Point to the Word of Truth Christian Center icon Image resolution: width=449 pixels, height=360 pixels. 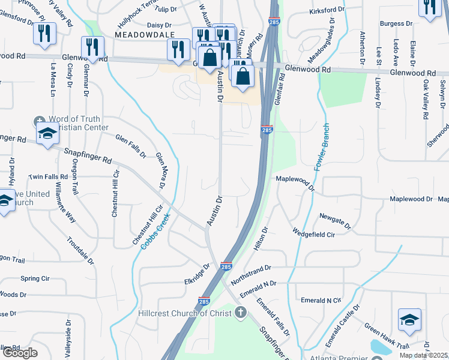pyautogui.click(x=40, y=121)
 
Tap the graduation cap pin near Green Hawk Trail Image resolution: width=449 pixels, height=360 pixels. pyautogui.click(x=409, y=320)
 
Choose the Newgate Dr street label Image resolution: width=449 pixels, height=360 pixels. pyautogui.click(x=335, y=220)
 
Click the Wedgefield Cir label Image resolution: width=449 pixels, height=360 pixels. pyautogui.click(x=313, y=232)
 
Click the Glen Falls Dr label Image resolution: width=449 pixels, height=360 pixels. pyautogui.click(x=131, y=146)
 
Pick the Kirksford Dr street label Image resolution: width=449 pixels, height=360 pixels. pyautogui.click(x=327, y=11)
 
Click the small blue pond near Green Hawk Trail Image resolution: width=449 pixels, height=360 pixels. pyautogui.click(x=380, y=347)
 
